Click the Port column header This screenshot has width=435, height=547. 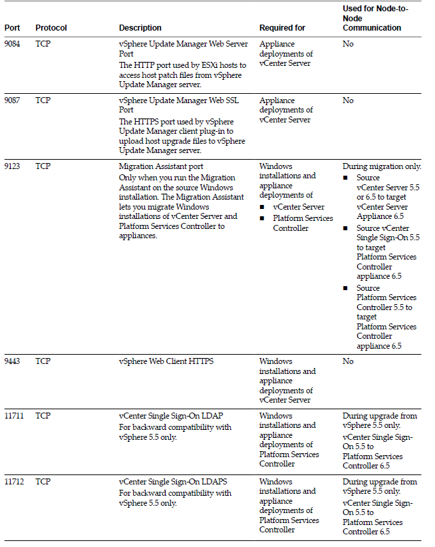click(x=11, y=28)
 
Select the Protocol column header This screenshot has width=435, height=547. click(x=51, y=28)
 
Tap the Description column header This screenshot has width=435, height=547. click(x=140, y=28)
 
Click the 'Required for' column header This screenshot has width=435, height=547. click(x=282, y=28)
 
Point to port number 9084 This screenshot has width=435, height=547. click(x=13, y=44)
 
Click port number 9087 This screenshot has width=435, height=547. click(x=13, y=100)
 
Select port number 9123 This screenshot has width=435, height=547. click(x=13, y=166)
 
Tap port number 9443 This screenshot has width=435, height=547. click(x=13, y=361)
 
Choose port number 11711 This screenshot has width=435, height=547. click(x=15, y=416)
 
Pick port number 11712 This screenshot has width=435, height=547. click(x=15, y=482)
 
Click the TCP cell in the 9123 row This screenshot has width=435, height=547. click(x=43, y=166)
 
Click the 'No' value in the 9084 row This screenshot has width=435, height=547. click(x=348, y=44)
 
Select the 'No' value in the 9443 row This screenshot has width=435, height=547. click(x=348, y=361)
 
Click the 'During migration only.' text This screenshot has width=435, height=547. click(x=382, y=166)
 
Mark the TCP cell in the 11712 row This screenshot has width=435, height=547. click(x=43, y=482)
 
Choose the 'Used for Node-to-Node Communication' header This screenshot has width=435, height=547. click(x=372, y=18)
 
